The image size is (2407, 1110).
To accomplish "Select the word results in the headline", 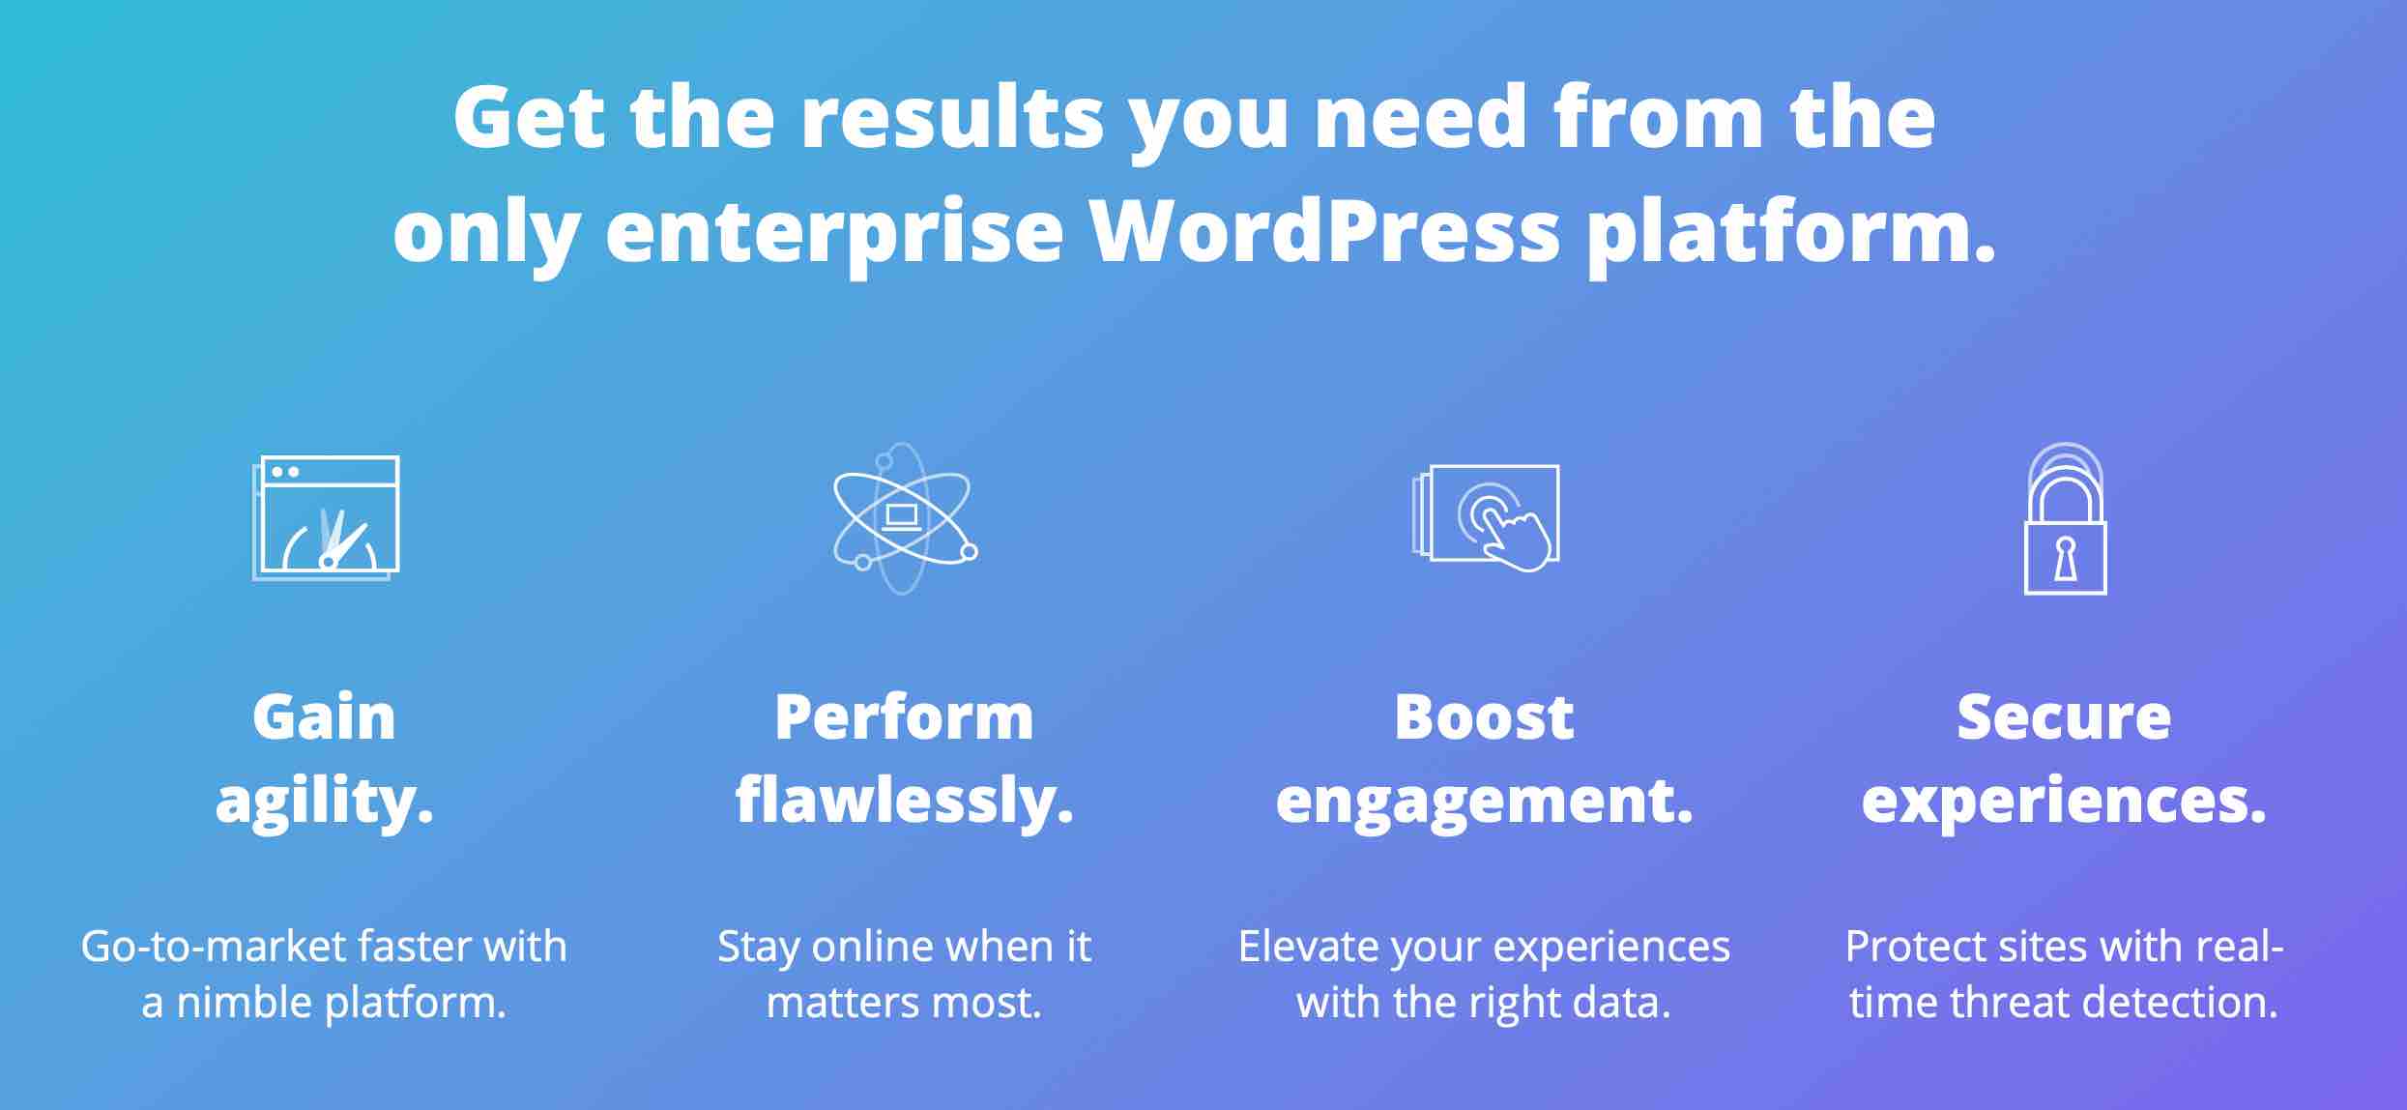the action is [952, 117].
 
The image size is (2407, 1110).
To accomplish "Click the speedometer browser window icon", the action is [326, 517].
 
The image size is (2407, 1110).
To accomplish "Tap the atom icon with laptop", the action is [905, 518].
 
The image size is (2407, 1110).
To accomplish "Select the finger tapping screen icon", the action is [1486, 517].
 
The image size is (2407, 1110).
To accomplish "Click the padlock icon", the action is [2065, 518].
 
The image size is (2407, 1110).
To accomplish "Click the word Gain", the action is [324, 717].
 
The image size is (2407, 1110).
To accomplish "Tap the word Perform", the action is [904, 717].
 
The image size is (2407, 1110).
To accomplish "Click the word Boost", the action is [1484, 717].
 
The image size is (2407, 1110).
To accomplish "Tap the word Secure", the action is [2064, 717].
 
